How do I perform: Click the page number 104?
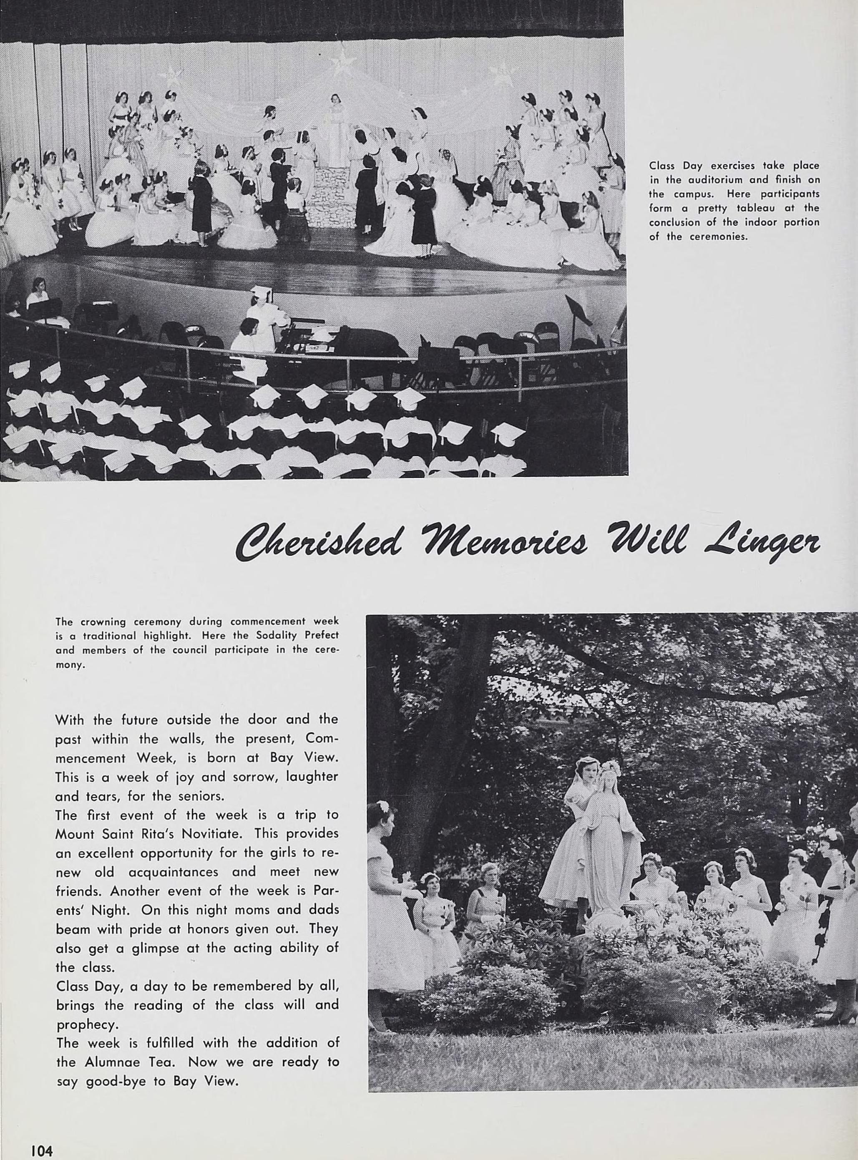click(42, 1147)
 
